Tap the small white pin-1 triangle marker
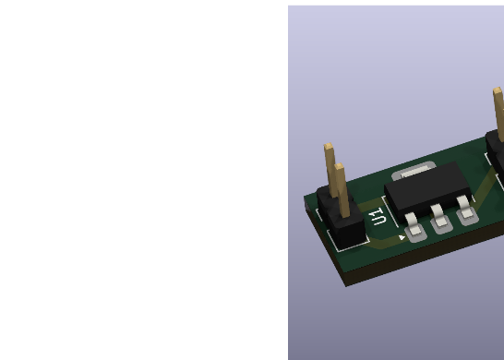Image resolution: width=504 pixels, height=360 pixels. [402, 237]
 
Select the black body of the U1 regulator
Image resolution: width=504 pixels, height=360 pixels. [427, 189]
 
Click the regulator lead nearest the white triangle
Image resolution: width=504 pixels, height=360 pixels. [414, 224]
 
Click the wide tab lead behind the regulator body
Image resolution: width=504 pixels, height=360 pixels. [414, 171]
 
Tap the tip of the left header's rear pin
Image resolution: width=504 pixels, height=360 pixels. [329, 146]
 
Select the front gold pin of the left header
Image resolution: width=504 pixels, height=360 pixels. [342, 190]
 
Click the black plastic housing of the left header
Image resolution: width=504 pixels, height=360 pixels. [342, 219]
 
